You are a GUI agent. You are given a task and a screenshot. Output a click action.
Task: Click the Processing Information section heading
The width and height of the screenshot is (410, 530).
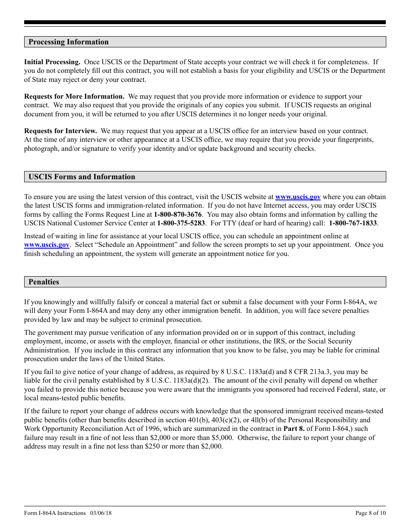[x=69, y=42]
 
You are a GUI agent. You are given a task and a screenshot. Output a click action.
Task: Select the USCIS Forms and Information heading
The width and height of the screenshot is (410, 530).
[x=82, y=177]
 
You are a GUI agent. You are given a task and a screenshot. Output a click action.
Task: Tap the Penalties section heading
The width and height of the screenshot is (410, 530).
[x=44, y=282]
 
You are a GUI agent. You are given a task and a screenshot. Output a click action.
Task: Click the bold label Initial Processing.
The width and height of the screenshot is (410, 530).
[x=52, y=62]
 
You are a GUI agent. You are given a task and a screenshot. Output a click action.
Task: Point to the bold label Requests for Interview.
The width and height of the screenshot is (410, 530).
[x=60, y=131]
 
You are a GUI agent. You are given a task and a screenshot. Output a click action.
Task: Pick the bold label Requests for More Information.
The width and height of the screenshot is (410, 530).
[x=74, y=97]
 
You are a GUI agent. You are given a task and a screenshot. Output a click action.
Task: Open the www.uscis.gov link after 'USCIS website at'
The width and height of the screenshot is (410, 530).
[x=298, y=197]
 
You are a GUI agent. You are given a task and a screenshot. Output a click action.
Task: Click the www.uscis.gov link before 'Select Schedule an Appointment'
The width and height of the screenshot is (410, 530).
[x=47, y=245]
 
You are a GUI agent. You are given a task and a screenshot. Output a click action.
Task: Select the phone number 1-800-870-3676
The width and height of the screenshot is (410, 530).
[x=178, y=215]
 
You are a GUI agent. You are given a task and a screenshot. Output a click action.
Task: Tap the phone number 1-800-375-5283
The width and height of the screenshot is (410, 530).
[x=181, y=223]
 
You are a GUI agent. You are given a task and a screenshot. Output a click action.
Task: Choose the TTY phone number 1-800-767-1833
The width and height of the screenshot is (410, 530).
[x=353, y=223]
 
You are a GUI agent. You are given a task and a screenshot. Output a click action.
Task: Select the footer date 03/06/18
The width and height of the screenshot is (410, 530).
[x=101, y=513]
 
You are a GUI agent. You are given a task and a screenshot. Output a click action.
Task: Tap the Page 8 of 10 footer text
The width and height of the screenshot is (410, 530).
[x=370, y=513]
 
